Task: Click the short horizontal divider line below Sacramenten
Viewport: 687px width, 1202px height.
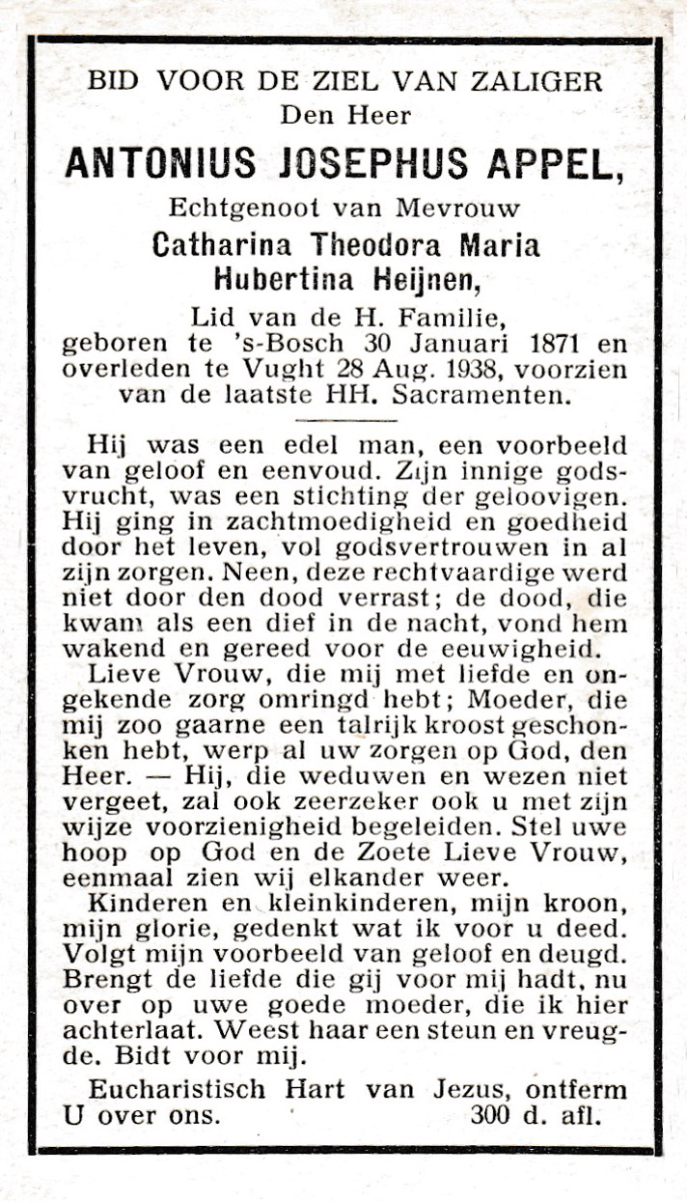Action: click(x=344, y=419)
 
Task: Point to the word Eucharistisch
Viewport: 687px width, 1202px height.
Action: click(x=177, y=1089)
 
